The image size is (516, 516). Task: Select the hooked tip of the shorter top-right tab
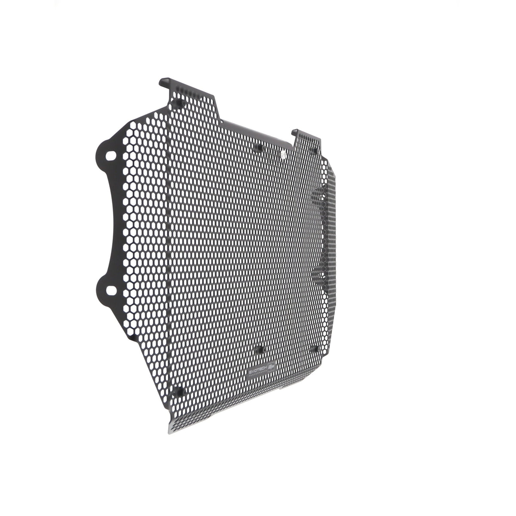(295, 131)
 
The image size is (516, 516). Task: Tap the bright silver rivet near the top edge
(283, 153)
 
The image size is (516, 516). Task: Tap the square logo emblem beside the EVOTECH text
(271, 365)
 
